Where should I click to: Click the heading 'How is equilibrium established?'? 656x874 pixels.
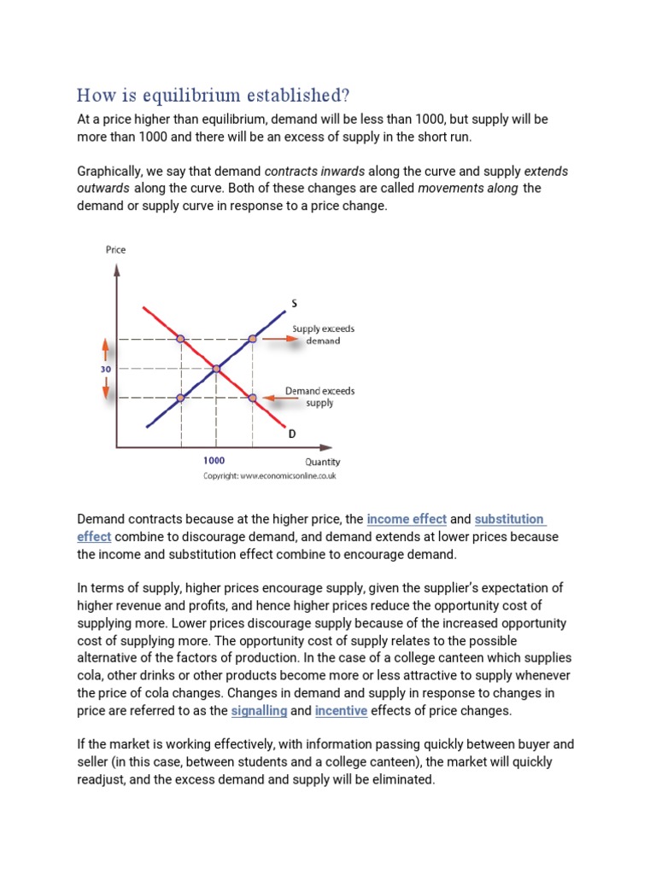213,94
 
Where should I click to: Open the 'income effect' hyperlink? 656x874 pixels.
407,519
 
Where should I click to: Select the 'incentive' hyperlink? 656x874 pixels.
341,710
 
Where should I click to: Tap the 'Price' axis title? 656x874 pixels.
115,249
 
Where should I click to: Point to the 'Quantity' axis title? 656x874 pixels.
322,462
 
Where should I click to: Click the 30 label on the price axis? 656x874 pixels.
105,370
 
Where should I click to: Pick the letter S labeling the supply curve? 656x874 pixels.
295,303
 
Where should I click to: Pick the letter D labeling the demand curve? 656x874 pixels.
291,434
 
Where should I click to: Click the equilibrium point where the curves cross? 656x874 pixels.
216,369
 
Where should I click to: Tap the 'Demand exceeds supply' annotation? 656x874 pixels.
319,397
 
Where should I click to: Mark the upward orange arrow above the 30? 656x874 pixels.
106,350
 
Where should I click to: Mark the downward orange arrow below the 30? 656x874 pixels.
106,389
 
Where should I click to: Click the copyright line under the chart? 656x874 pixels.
269,476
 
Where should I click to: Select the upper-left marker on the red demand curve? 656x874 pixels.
180,339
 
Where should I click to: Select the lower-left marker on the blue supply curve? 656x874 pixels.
180,398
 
